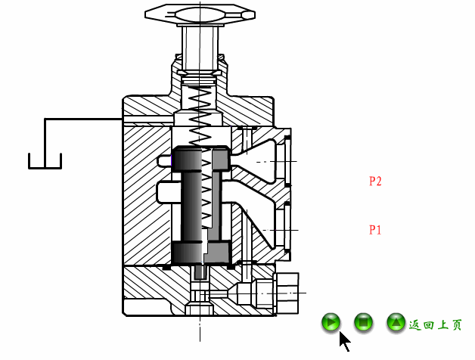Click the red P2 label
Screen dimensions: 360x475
pyautogui.click(x=375, y=182)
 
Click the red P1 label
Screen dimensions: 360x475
pyautogui.click(x=375, y=230)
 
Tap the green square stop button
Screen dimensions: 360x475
pyautogui.click(x=364, y=323)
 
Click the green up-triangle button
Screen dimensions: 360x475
pyautogui.click(x=396, y=323)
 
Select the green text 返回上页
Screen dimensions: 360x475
pyautogui.click(x=436, y=325)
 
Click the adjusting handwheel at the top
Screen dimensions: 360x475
pyautogui.click(x=200, y=14)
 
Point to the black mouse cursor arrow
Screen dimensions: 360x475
pyautogui.click(x=344, y=341)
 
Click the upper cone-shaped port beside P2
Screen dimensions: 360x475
pyautogui.click(x=262, y=160)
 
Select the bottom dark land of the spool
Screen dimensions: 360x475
pyautogui.click(x=200, y=253)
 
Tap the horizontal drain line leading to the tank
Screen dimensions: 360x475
pyautogui.click(x=83, y=119)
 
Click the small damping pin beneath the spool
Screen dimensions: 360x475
pyautogui.click(x=200, y=271)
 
